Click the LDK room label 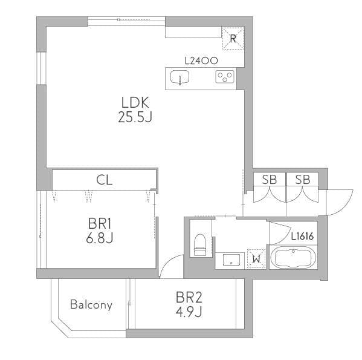135,103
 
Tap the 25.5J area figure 135,117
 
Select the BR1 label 100,224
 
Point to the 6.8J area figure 100,238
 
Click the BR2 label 189,297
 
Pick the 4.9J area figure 189,312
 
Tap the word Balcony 91,304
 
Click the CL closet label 105,180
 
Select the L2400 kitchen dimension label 201,61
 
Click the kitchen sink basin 179,77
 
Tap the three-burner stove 225,76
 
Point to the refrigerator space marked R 233,38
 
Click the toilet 200,245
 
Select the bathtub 293,257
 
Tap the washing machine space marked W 256,259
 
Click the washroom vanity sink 231,260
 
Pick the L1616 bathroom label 302,236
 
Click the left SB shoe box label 269,180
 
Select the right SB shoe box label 302,180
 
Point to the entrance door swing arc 346,206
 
